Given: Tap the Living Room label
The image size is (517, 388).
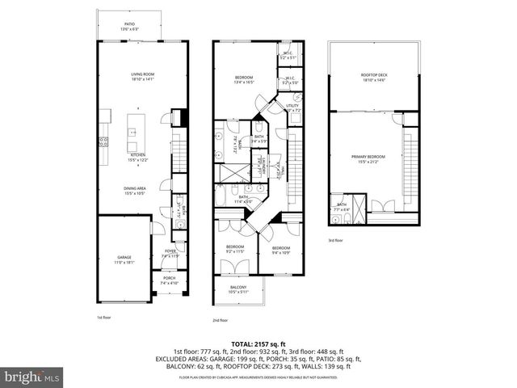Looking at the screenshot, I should click(x=142, y=77).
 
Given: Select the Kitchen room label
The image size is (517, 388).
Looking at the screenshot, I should click(x=138, y=156).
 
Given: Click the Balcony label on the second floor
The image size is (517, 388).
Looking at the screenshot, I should click(x=238, y=289).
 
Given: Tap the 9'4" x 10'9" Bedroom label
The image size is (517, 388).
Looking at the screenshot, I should click(x=281, y=249).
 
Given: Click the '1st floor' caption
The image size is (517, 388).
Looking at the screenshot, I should click(x=105, y=318).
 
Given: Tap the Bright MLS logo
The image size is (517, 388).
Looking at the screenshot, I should click(x=32, y=377).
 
